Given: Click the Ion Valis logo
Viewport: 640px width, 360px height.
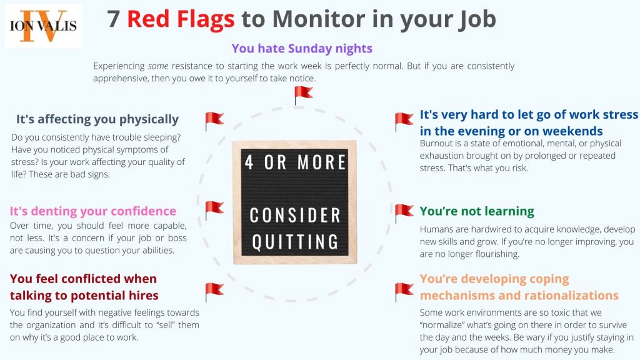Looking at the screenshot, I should (x=43, y=26).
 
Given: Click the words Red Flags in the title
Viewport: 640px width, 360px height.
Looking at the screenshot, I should (x=181, y=19).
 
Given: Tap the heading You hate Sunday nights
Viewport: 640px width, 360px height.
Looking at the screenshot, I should (x=302, y=48).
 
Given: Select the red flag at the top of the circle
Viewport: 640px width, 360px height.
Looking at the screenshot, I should (x=303, y=95).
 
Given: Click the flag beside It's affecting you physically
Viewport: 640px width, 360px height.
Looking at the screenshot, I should (x=214, y=121).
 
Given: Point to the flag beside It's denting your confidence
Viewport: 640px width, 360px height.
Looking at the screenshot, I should (x=214, y=210).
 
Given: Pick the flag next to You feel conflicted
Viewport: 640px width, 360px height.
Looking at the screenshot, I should (x=214, y=291).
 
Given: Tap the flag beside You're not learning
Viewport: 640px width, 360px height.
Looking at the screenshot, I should (x=404, y=213).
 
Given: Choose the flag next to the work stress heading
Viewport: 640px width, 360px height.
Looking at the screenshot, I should (x=404, y=121).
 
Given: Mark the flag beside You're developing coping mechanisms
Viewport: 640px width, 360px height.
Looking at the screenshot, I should (x=404, y=291).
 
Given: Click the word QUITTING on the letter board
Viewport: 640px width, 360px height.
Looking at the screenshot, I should (x=294, y=241).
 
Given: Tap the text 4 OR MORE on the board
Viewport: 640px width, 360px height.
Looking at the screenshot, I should (x=294, y=162).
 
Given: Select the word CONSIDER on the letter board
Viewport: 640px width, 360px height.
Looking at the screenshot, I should (x=294, y=216).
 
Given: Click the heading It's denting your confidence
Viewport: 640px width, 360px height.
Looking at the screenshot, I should (x=93, y=211).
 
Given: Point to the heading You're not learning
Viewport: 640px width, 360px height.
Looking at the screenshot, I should (x=477, y=211).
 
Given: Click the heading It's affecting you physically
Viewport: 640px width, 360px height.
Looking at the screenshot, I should (x=97, y=119).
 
